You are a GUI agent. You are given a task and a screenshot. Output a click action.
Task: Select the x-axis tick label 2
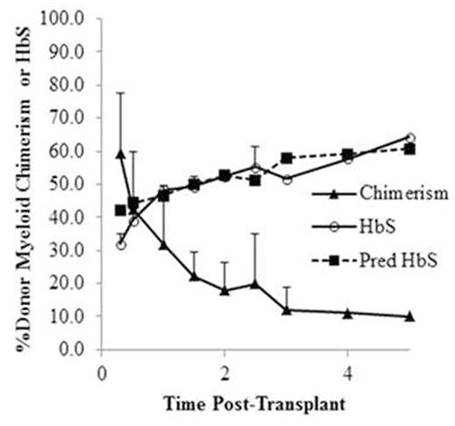pos(225,369)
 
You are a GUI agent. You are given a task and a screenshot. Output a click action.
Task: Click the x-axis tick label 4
pos(348,369)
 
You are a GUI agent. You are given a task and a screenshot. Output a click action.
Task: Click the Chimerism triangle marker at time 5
pos(409,316)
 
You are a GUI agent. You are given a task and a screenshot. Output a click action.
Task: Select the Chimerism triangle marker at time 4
pos(348,313)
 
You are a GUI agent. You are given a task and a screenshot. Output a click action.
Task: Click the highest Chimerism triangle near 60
pos(121,153)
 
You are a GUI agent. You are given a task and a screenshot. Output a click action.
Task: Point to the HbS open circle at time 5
pos(409,138)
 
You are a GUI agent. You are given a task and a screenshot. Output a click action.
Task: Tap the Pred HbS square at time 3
pos(286,158)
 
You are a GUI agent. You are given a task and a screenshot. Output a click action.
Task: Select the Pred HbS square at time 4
pos(348,153)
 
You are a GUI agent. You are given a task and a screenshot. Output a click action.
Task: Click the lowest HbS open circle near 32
pos(121,245)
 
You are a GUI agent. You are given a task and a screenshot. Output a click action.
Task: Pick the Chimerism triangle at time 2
pos(225,290)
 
